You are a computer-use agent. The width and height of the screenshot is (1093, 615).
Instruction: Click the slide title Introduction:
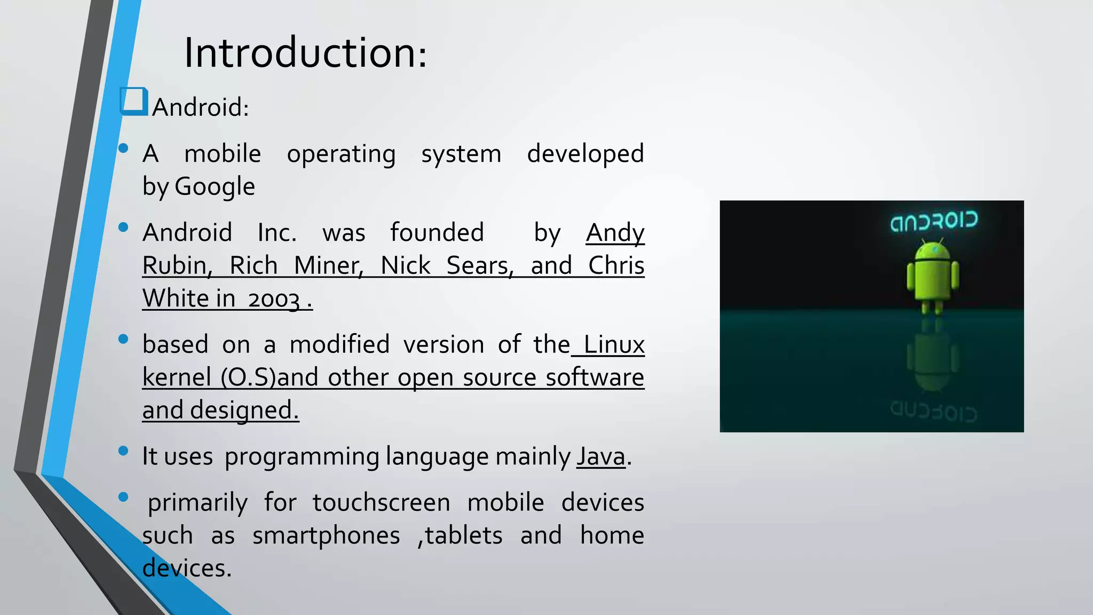pos(305,53)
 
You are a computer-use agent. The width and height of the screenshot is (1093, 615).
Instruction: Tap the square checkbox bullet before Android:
pos(133,101)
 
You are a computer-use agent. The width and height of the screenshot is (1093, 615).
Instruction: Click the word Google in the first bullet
pos(215,186)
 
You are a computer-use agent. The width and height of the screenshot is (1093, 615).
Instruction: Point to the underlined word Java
pos(600,456)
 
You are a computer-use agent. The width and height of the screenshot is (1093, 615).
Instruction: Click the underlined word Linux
pos(614,344)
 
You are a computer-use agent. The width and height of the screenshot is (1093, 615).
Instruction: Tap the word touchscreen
pos(381,503)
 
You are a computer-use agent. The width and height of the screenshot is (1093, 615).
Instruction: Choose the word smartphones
pos(326,535)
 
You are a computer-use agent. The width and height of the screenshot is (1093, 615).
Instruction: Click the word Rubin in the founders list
pos(177,265)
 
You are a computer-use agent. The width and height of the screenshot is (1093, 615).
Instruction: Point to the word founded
pos(437,233)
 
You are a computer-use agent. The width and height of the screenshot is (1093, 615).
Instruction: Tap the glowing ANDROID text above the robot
pos(933,221)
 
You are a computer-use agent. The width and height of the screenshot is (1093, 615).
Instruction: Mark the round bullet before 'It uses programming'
pos(123,451)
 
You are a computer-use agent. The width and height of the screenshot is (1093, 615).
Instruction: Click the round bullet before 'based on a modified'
pos(123,338)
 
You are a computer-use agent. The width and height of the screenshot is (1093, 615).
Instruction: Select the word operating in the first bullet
pos(341,154)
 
